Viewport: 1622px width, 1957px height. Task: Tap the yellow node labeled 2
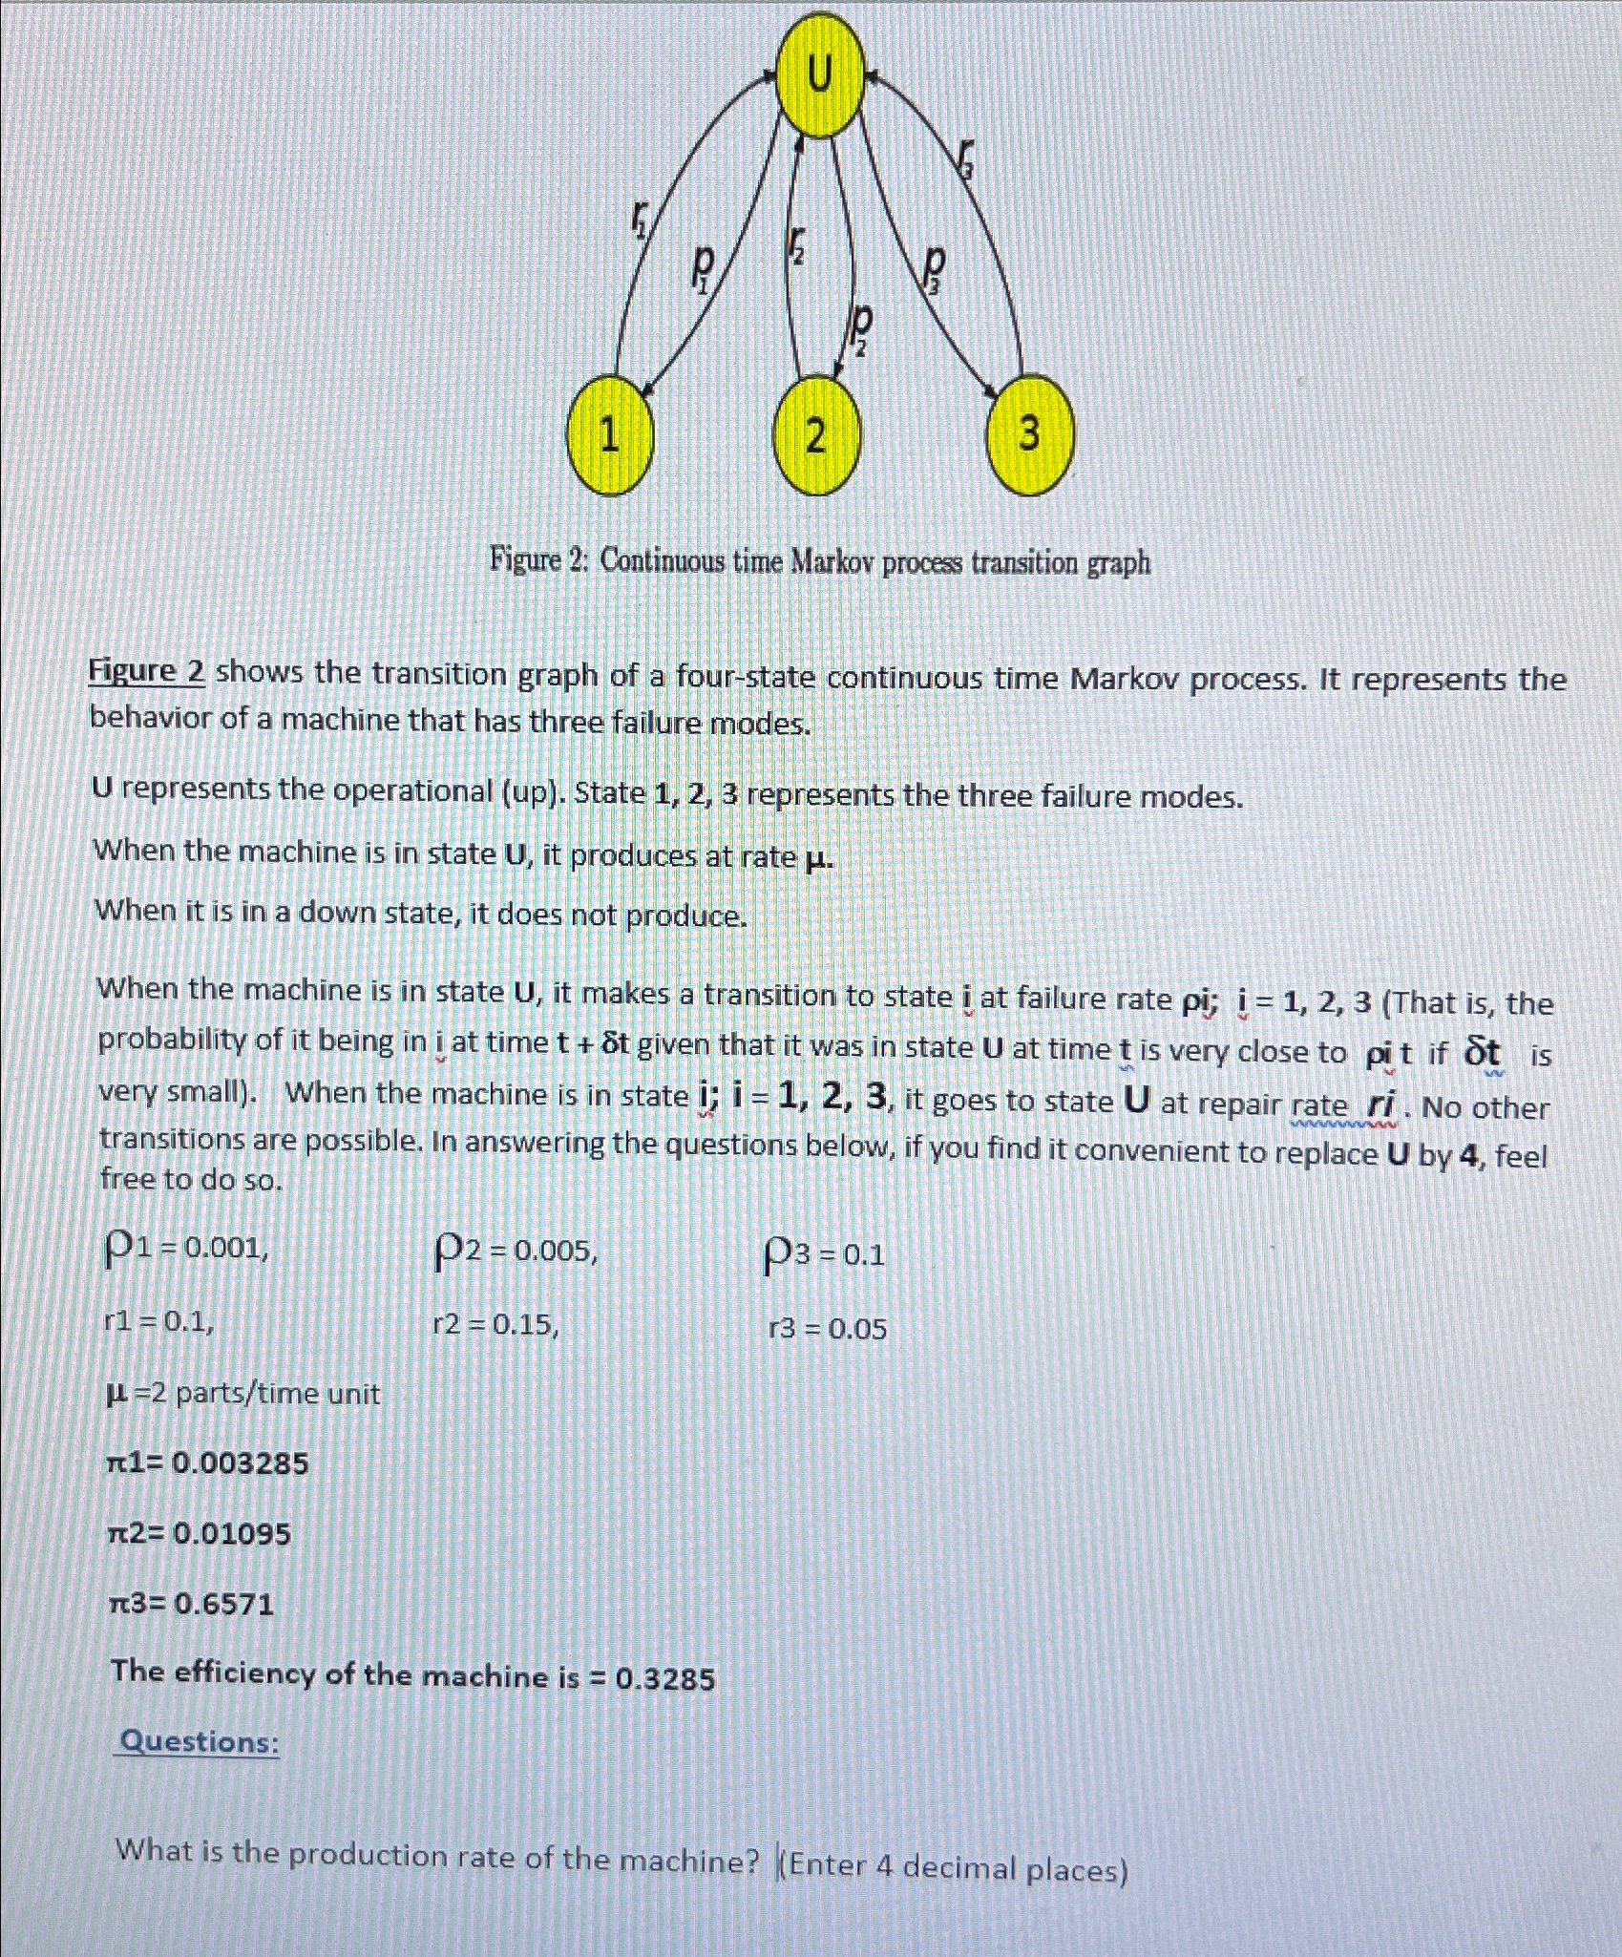[x=814, y=437]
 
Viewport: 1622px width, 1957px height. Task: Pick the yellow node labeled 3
[x=1029, y=434]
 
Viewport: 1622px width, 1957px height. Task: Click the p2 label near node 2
[x=861, y=330]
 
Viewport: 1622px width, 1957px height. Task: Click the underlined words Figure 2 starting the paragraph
[x=147, y=672]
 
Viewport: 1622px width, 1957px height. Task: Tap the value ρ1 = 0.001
[x=185, y=1248]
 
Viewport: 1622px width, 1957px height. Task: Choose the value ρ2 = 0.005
[x=516, y=1251]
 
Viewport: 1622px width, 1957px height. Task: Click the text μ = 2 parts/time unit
[x=242, y=1394]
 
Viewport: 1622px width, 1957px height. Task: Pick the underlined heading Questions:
[x=199, y=1742]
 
